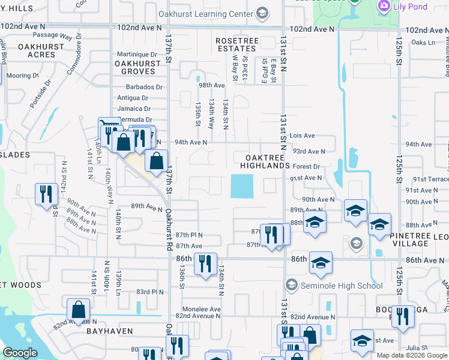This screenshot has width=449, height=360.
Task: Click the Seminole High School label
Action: point(340,285)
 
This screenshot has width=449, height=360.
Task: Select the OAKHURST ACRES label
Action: point(37,50)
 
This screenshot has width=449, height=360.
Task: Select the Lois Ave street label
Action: point(302,136)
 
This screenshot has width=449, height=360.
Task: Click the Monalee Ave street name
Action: point(198,309)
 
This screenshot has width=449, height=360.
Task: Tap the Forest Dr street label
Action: point(307,166)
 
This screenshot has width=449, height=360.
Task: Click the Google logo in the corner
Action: point(20,353)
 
